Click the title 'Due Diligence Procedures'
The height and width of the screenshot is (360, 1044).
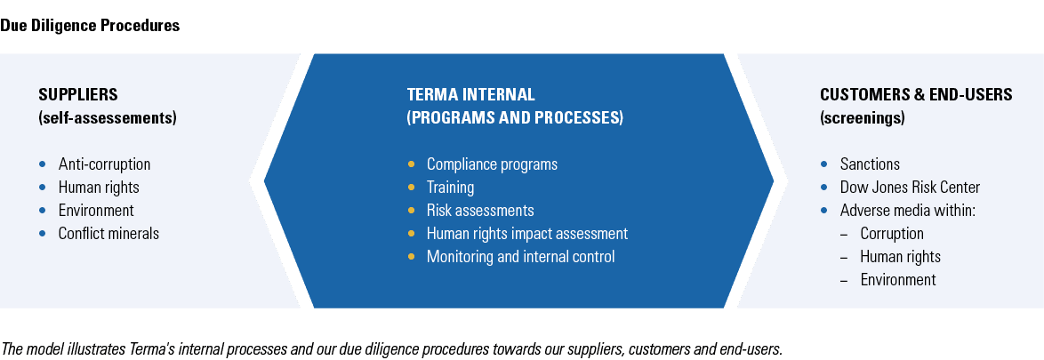click(x=90, y=26)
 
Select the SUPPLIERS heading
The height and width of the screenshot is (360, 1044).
click(x=78, y=94)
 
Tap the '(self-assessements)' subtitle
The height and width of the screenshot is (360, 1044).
click(x=108, y=117)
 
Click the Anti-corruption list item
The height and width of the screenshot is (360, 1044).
click(x=104, y=164)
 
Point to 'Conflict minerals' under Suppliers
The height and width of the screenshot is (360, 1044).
click(x=108, y=234)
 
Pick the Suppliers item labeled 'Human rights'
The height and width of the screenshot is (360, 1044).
click(x=99, y=188)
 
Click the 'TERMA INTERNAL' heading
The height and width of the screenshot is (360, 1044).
click(x=471, y=94)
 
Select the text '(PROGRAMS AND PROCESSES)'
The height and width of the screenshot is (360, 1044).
click(x=515, y=117)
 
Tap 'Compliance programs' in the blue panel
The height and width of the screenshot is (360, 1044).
click(x=492, y=164)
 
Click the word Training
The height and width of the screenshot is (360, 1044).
click(x=450, y=188)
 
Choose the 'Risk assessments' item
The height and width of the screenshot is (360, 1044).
click(x=480, y=211)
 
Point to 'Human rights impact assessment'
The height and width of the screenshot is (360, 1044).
click(x=527, y=234)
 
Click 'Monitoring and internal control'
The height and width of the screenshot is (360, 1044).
click(x=520, y=257)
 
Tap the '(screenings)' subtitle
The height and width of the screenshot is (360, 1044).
click(x=863, y=117)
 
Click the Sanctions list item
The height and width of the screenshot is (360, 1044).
click(x=870, y=164)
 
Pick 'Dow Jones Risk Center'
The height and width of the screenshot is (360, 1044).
click(x=910, y=188)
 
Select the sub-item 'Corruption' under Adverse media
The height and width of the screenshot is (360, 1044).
click(x=892, y=234)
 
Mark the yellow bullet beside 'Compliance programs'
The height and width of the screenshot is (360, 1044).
click(x=411, y=164)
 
